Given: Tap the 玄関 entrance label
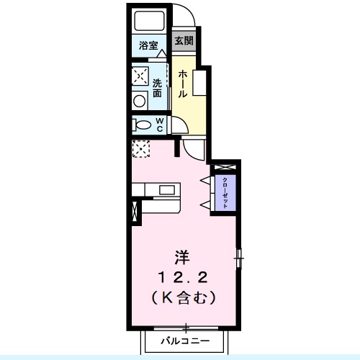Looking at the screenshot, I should coord(183,41).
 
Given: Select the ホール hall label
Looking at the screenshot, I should coord(183,84).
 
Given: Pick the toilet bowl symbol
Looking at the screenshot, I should coord(140,125).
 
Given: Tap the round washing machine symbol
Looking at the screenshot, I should coord(139,101).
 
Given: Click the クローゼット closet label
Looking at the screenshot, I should coord(225,192).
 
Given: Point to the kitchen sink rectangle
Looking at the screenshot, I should coord(169,191).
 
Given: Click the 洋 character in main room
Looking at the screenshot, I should coord(184,256).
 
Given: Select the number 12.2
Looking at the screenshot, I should coord(183,276).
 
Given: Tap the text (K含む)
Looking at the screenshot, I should coord(184,295).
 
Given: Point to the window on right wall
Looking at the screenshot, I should coord(240,256).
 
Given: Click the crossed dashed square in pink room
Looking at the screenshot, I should coord(140,149).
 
